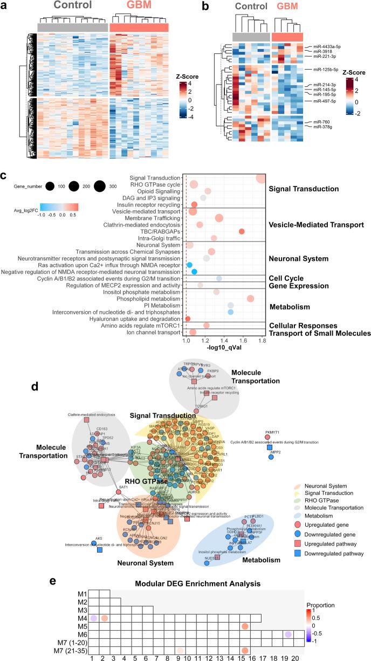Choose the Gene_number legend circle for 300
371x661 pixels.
click(99, 187)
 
